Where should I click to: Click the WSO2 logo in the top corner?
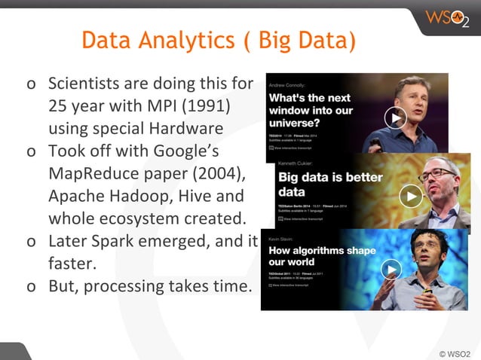(x=446, y=18)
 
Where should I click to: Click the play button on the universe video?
(x=395, y=117)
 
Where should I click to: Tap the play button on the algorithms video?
(x=391, y=269)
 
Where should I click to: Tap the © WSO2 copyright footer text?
(x=455, y=352)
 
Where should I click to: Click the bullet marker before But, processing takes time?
(x=30, y=288)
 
